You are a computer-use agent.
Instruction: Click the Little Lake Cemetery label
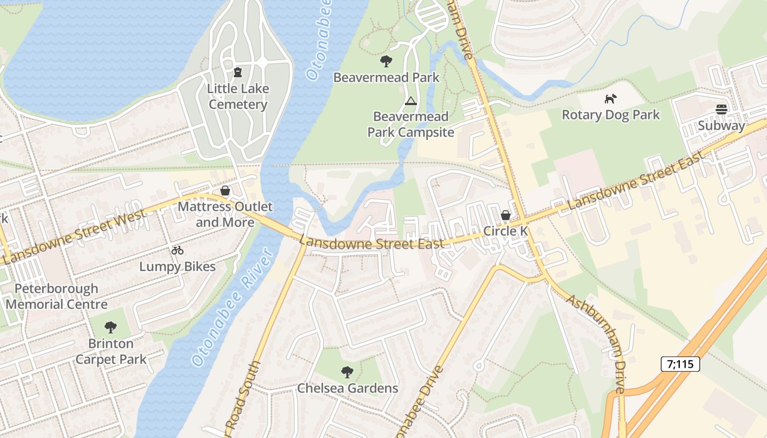click(x=238, y=96)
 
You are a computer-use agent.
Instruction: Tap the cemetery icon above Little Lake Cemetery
click(x=238, y=72)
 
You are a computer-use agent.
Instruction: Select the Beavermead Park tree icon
click(x=386, y=61)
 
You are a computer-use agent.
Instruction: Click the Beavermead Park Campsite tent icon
click(x=410, y=101)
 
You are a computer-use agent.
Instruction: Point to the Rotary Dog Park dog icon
click(x=610, y=99)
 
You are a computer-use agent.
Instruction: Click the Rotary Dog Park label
click(x=611, y=115)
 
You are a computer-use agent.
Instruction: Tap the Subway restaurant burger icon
click(x=721, y=109)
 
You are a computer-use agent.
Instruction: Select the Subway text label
click(x=721, y=125)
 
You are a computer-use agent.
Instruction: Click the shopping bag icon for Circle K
click(x=506, y=215)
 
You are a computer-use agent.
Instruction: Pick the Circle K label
click(x=506, y=231)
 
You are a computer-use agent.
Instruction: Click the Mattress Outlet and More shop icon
click(x=225, y=191)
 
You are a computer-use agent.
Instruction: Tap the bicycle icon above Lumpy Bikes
click(x=177, y=251)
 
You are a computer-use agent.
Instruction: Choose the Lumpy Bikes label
click(x=177, y=267)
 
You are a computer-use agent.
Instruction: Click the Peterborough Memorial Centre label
click(x=56, y=296)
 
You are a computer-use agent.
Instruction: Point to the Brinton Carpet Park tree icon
click(x=111, y=327)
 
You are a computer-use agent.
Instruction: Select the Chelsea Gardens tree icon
click(x=347, y=372)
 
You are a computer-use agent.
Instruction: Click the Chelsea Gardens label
click(x=347, y=388)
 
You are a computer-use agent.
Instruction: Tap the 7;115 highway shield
click(x=680, y=364)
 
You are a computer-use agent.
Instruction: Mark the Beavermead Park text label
click(x=386, y=77)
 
